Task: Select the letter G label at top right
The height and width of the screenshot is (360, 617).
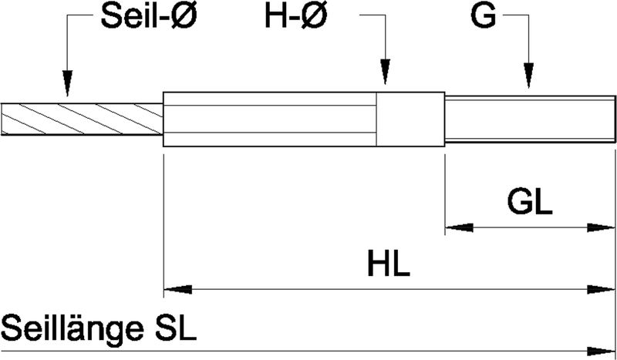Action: (x=483, y=18)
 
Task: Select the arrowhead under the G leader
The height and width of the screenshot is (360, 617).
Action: (x=528, y=74)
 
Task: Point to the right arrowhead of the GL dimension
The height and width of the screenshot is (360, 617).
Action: (x=601, y=227)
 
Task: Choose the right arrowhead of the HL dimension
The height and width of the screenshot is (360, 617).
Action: (x=601, y=289)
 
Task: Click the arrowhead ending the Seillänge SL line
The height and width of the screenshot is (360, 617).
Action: (x=601, y=349)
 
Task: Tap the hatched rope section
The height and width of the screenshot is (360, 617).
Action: (x=81, y=119)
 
